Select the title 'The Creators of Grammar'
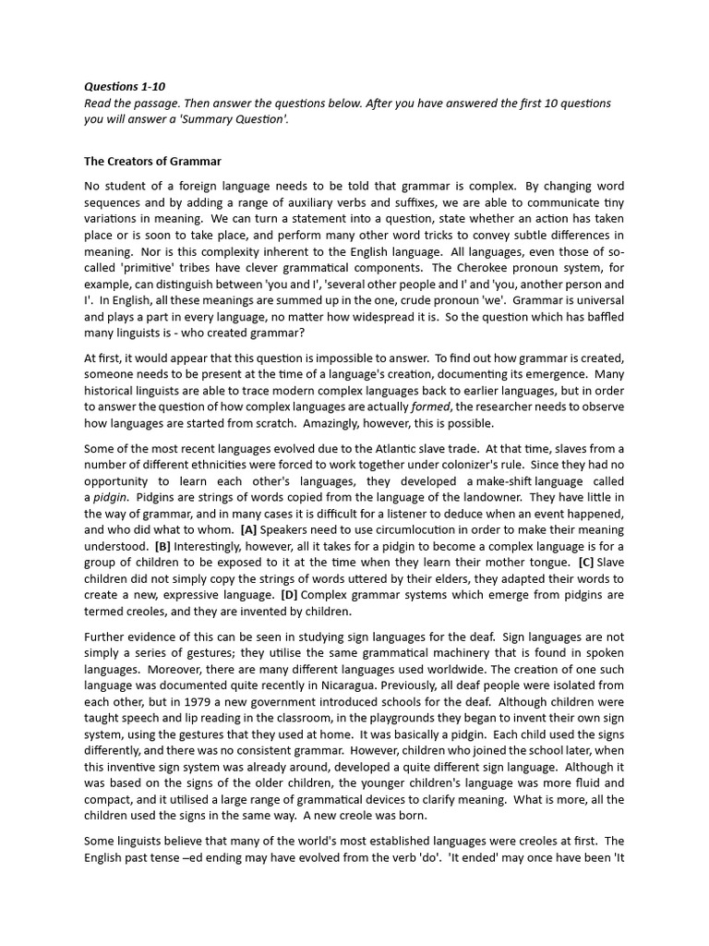pos(152,162)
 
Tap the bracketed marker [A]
pos(248,530)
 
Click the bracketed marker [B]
pos(162,545)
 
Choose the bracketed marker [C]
pos(586,561)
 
